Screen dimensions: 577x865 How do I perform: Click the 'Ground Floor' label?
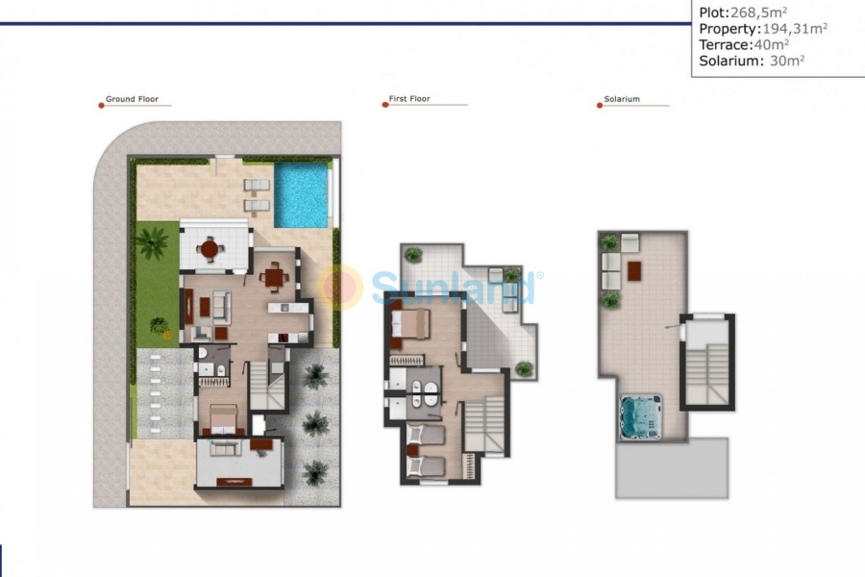point(132,99)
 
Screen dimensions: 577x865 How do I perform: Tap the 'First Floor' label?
point(409,99)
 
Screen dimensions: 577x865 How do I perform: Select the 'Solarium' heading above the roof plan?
point(622,99)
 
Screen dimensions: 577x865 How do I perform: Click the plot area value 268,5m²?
point(758,12)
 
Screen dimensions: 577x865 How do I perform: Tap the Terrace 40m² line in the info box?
point(744,44)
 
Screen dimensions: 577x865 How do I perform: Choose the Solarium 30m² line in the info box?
point(752,61)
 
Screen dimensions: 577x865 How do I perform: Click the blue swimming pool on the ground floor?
point(302,188)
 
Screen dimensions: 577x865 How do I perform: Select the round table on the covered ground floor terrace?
point(210,248)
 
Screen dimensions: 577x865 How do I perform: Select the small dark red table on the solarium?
point(635,271)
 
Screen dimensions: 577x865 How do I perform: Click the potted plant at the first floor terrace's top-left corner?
point(412,255)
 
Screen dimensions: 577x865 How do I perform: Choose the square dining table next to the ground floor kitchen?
point(275,279)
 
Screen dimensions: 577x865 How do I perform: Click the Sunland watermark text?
point(452,288)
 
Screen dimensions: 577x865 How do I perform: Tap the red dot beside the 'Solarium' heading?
point(599,105)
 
